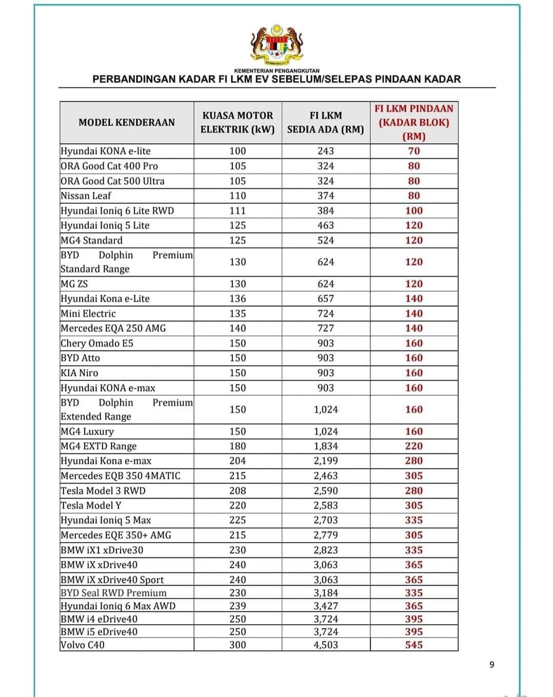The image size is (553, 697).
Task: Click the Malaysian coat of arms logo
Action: pyautogui.click(x=276, y=45)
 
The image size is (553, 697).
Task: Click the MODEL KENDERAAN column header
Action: pyautogui.click(x=127, y=123)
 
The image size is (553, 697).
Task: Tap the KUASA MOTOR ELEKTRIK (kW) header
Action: pyautogui.click(x=238, y=123)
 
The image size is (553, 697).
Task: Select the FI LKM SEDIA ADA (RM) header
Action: pyautogui.click(x=326, y=123)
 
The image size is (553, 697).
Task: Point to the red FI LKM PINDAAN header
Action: pyautogui.click(x=414, y=123)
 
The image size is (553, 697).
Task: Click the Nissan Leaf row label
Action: pyautogui.click(x=86, y=196)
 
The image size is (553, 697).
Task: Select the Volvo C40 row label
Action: pyautogui.click(x=83, y=645)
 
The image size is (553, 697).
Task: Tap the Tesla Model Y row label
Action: pyautogui.click(x=91, y=506)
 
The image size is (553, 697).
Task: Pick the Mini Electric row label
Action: pyautogui.click(x=88, y=314)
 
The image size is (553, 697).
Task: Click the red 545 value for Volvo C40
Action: pyautogui.click(x=414, y=645)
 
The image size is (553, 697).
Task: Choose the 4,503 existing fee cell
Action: pyautogui.click(x=326, y=645)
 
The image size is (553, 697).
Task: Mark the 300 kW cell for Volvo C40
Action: pyautogui.click(x=238, y=645)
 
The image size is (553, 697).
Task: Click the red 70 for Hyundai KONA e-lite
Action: pyautogui.click(x=414, y=151)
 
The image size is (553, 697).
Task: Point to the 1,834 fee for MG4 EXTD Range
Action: pyautogui.click(x=326, y=446)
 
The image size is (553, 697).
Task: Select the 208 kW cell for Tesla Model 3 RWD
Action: pyautogui.click(x=238, y=491)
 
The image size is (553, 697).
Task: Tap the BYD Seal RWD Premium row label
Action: pyautogui.click(x=113, y=593)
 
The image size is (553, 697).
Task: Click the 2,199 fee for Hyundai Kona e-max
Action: pyautogui.click(x=326, y=461)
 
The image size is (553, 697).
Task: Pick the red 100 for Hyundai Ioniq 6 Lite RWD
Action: pyautogui.click(x=414, y=210)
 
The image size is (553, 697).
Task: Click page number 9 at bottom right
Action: pyautogui.click(x=492, y=665)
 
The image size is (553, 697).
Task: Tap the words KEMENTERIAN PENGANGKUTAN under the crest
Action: pyautogui.click(x=276, y=71)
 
